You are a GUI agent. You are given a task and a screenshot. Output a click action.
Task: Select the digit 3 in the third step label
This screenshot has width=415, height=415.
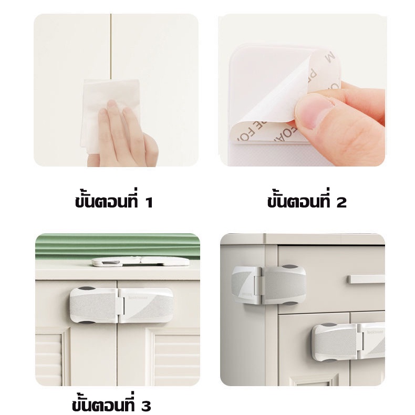tap(146, 406)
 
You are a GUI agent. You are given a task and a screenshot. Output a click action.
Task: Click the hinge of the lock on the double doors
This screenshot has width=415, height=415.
tap(119, 305)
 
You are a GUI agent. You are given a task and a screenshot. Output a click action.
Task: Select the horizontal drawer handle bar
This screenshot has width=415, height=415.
tap(366, 279)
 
